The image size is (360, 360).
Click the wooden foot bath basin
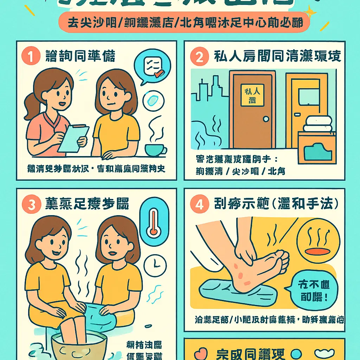coord(79,346)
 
